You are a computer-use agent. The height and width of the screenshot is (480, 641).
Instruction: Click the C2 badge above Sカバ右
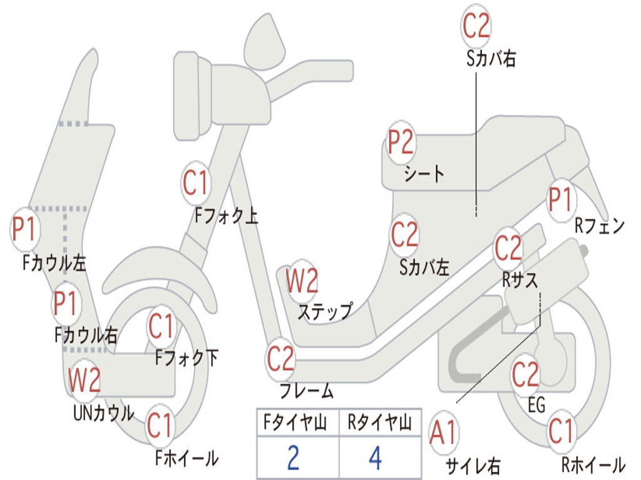pyautogui.click(x=476, y=26)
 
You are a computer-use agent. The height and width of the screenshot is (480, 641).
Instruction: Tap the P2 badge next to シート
pyautogui.click(x=401, y=143)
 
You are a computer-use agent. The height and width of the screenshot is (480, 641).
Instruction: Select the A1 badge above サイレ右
pyautogui.click(x=444, y=433)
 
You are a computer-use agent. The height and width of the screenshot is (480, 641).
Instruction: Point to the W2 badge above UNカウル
pyautogui.click(x=85, y=379)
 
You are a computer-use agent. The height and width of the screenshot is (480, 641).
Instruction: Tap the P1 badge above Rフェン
pyautogui.click(x=560, y=201)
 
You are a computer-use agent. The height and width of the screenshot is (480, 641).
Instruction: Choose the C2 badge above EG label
pyautogui.click(x=525, y=375)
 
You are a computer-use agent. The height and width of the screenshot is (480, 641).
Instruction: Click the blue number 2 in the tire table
pyautogui.click(x=293, y=457)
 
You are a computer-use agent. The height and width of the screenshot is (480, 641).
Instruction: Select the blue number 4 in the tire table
pyautogui.click(x=375, y=457)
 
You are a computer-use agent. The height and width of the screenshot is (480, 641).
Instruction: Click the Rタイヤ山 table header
pyautogui.click(x=379, y=424)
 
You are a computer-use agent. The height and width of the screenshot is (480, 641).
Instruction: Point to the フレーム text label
pyautogui.click(x=306, y=392)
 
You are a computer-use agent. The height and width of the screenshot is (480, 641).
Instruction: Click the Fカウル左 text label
pyautogui.click(x=54, y=262)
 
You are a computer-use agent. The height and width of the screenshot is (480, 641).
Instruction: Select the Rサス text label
pyautogui.click(x=520, y=281)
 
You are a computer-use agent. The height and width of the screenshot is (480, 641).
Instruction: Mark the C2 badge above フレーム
pyautogui.click(x=280, y=359)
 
